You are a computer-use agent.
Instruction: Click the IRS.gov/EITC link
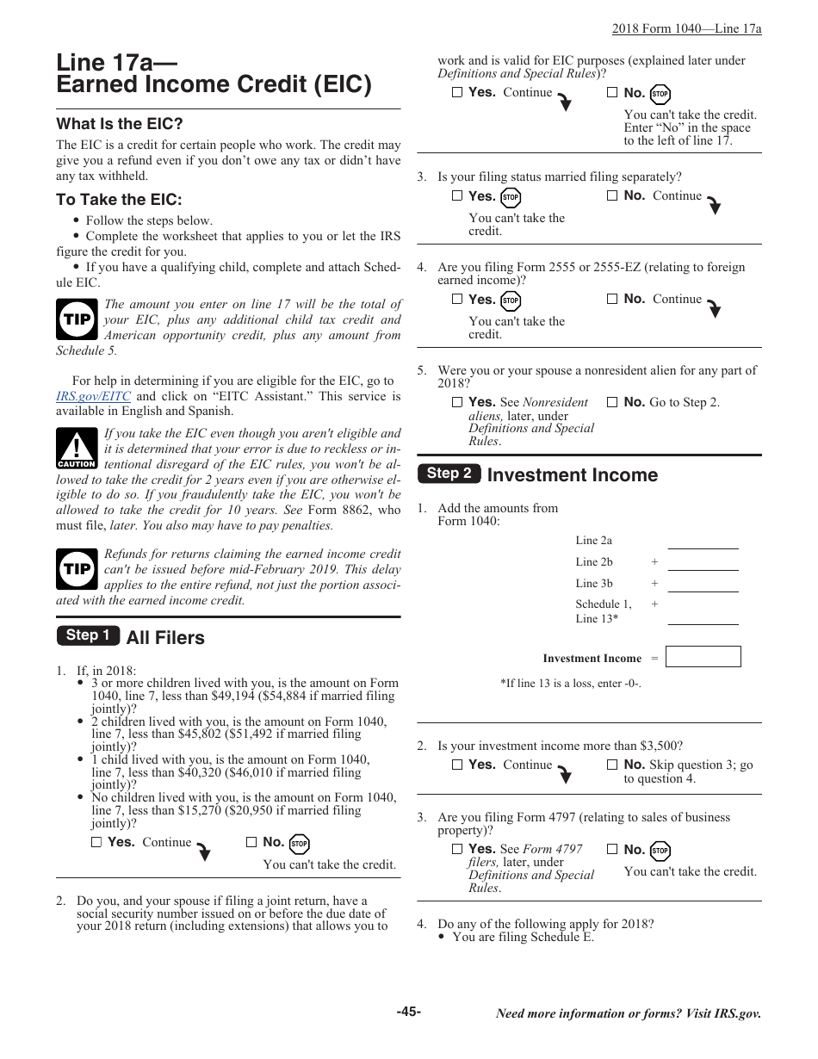[x=93, y=397]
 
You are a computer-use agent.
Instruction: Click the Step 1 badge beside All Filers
[x=88, y=635]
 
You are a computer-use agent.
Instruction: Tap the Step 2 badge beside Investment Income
[x=449, y=473]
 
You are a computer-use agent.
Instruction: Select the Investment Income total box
[x=703, y=657]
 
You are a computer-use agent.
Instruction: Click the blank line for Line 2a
[x=703, y=542]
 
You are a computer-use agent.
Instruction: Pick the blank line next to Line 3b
[x=703, y=585]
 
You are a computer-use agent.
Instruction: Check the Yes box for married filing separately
[x=457, y=196]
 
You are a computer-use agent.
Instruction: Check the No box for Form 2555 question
[x=612, y=300]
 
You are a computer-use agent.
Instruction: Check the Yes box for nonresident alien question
[x=457, y=402]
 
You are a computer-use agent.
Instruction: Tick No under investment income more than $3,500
[x=612, y=765]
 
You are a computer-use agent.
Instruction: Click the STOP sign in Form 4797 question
[x=660, y=851]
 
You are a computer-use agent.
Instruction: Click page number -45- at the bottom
[x=409, y=1012]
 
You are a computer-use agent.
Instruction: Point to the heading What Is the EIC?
[x=120, y=124]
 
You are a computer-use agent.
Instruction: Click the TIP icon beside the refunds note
[x=77, y=568]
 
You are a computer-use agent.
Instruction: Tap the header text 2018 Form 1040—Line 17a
[x=686, y=28]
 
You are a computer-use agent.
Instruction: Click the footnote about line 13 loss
[x=570, y=684]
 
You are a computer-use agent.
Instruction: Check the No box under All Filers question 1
[x=251, y=843]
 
